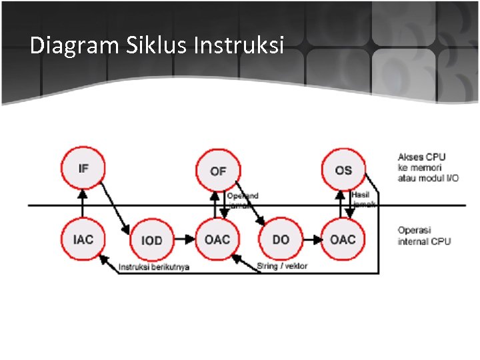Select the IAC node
click(x=83, y=239)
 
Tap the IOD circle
click(x=151, y=239)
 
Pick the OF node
click(x=218, y=171)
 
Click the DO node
click(x=281, y=239)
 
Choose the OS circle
click(x=343, y=170)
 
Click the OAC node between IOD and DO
click(x=217, y=239)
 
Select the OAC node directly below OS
click(x=343, y=239)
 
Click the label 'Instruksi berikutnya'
click(x=154, y=267)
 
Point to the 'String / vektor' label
click(x=282, y=267)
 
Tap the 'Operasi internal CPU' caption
click(x=424, y=235)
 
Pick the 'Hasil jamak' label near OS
click(x=363, y=199)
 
